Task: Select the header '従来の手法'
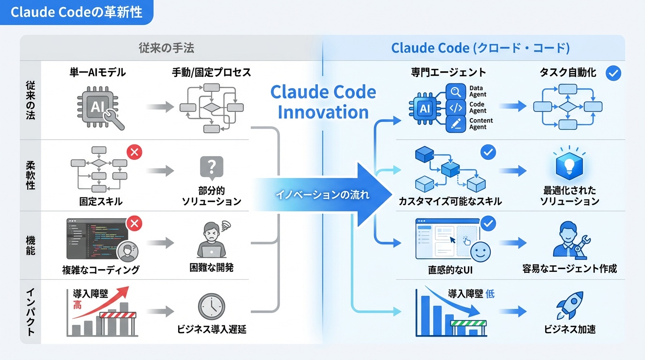pos(166,48)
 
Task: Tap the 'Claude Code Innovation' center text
pos(323,102)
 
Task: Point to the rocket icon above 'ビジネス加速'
pos(570,305)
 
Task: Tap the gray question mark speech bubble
pos(211,167)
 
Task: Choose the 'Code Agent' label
pos(477,107)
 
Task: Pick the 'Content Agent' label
pos(480,124)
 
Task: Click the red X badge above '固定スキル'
pos(135,152)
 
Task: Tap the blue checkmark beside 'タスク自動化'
pos(613,73)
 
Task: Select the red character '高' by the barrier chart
pos(77,306)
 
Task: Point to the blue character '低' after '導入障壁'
pos(490,294)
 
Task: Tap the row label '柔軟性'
pos(30,175)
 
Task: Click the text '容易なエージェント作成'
pos(569,269)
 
